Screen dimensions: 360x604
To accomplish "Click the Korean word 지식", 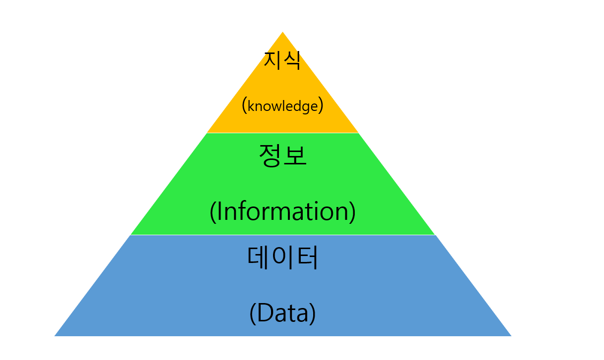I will click(282, 61).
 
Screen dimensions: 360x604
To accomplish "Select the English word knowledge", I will click(282, 106).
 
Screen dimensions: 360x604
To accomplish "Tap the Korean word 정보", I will click(283, 155).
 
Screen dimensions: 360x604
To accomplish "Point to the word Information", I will click(283, 211).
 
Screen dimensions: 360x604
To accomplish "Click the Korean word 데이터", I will click(282, 257).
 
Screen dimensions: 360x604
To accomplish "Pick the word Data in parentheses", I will click(282, 313).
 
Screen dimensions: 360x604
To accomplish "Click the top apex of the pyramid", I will click(283, 33).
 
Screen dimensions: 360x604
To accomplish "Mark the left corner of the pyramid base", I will click(56, 335).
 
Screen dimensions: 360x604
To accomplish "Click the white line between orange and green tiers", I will click(283, 133).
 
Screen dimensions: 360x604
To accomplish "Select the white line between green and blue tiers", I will click(283, 235).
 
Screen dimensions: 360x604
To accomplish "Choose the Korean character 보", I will click(295, 155).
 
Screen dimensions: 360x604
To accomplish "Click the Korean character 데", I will click(259, 257).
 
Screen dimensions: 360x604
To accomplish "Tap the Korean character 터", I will click(307, 257).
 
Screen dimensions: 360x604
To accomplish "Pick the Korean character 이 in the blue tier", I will click(282, 257).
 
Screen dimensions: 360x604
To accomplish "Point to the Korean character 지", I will click(273, 61).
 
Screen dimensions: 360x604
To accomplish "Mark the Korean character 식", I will click(292, 61).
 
